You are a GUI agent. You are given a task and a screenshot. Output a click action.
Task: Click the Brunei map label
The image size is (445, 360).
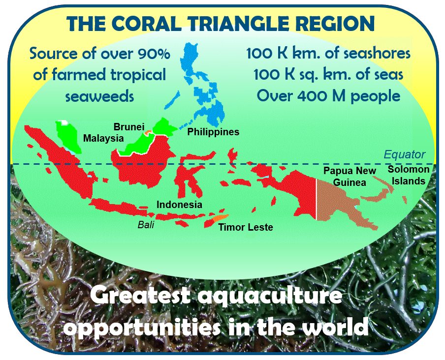[129, 127]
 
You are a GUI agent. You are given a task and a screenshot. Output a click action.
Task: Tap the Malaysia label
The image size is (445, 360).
[103, 138]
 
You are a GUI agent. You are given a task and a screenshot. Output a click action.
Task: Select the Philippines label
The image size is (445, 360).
[213, 132]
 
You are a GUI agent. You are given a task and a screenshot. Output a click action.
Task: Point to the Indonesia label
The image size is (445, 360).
[179, 205]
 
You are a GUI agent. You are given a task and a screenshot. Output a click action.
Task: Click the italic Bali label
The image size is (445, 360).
[146, 225]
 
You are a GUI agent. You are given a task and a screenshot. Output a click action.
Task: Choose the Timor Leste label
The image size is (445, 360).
[246, 227]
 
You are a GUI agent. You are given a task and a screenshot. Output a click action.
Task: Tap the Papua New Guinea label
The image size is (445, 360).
[350, 177]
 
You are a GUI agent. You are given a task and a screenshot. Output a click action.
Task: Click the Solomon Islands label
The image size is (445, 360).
[409, 175]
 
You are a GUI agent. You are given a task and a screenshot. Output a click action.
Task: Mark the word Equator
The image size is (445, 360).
[405, 154]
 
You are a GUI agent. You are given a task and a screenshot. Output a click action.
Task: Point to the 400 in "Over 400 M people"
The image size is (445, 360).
[313, 96]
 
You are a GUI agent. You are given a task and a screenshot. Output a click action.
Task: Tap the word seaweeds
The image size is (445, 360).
[99, 96]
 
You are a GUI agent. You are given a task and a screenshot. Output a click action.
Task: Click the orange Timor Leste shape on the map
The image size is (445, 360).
[221, 218]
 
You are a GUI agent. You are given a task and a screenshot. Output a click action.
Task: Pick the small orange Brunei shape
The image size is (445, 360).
[148, 132]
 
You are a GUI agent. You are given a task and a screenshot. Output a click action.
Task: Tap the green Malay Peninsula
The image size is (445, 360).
[68, 136]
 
